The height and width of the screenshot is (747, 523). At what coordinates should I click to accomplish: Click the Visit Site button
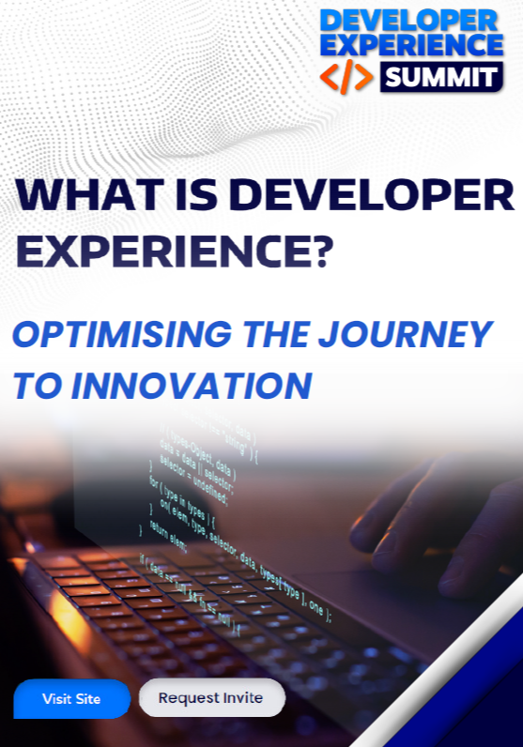point(71,699)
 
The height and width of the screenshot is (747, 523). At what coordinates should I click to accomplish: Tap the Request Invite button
point(211,698)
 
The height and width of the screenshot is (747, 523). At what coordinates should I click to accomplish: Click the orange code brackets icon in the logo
point(346,77)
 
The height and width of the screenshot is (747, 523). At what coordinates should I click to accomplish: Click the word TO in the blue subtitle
point(38,386)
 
